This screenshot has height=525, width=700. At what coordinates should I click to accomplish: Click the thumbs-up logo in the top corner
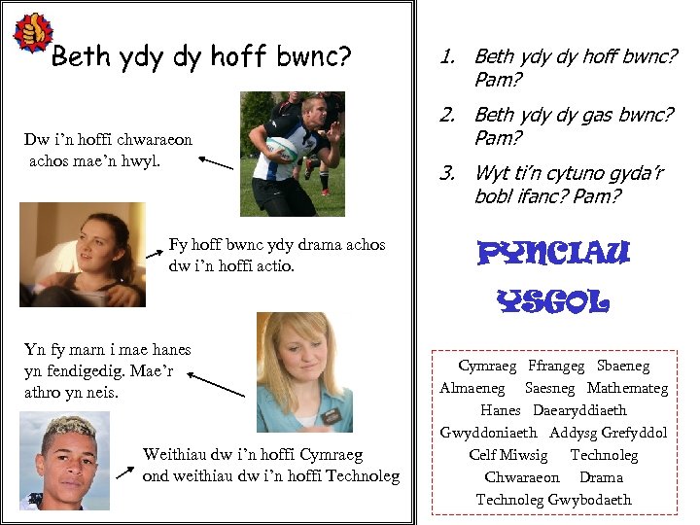click(x=32, y=33)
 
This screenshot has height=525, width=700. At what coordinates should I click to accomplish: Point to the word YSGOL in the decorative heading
click(x=552, y=301)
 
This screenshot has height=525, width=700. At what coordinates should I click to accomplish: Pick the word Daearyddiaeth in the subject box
click(x=579, y=410)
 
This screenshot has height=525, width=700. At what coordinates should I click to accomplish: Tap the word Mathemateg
click(x=627, y=388)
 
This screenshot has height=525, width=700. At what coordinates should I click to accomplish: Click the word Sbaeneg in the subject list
click(x=623, y=367)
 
